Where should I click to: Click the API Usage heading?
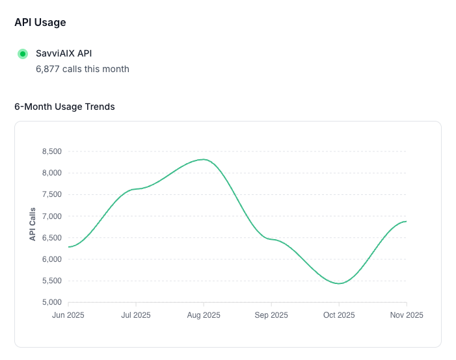click(x=40, y=22)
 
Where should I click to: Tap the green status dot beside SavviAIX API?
click(x=23, y=54)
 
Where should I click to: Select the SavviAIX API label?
click(x=64, y=53)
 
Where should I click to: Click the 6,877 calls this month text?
click(x=83, y=69)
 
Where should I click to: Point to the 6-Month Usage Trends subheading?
click(x=64, y=107)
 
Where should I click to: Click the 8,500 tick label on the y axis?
click(x=52, y=151)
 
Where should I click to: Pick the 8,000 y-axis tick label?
click(x=52, y=173)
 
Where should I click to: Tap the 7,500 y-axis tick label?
click(x=52, y=194)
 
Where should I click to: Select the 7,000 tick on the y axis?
click(x=52, y=216)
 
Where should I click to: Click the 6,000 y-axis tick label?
click(x=52, y=259)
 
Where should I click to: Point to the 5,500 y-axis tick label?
click(x=52, y=281)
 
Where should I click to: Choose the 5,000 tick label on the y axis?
click(x=52, y=302)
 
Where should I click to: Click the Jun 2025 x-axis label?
click(x=68, y=315)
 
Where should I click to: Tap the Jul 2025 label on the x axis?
click(x=136, y=315)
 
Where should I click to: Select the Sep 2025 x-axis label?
click(x=271, y=315)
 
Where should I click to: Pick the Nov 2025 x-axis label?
click(x=407, y=315)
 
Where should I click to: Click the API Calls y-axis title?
click(x=33, y=224)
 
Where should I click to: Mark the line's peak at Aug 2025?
click(x=204, y=159)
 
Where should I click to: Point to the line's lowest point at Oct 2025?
click(x=339, y=283)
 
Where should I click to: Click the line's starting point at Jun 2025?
click(x=68, y=247)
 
